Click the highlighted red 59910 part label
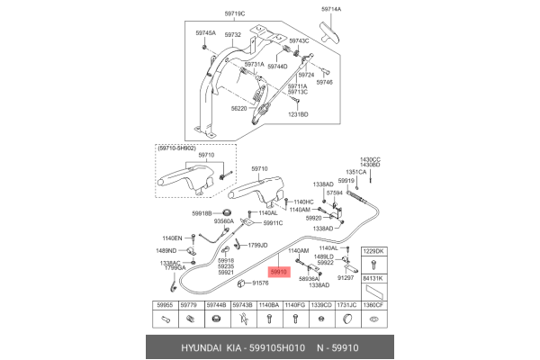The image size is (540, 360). (x=279, y=270)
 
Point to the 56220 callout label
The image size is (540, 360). (x=238, y=106)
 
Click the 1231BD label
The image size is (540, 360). (x=297, y=114)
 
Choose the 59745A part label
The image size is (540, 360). (x=206, y=33)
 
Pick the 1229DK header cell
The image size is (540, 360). (x=373, y=251)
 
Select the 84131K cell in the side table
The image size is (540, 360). (x=373, y=279)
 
